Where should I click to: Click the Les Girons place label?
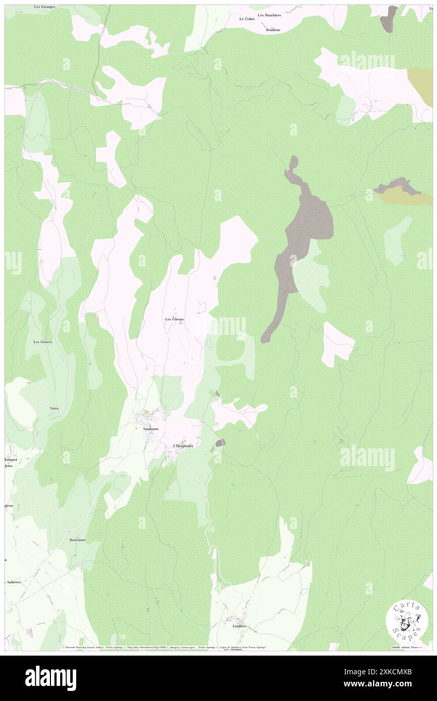point(175,319)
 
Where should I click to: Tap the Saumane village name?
point(150,429)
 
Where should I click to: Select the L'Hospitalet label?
point(183,446)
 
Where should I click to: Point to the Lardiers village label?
point(239,626)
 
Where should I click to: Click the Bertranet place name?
point(77,540)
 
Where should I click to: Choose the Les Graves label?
point(43,342)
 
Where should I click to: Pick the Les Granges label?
point(44,7)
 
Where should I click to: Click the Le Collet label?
point(247,19)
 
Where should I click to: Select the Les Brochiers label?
point(269,15)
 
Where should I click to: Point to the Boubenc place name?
point(273,30)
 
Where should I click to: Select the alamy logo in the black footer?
point(50,678)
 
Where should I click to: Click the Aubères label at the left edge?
point(13,581)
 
